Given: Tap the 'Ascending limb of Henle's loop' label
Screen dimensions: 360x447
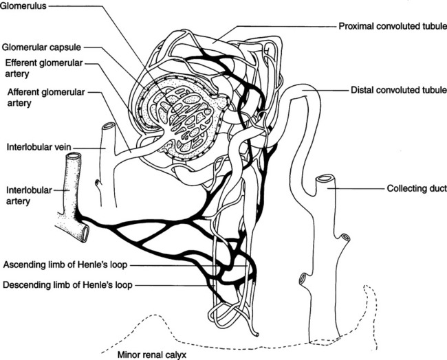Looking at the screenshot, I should tap(66, 265).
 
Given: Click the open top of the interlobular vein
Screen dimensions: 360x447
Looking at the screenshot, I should tap(108, 128).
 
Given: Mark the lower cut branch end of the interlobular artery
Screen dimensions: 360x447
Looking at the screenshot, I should tap(84, 234).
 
